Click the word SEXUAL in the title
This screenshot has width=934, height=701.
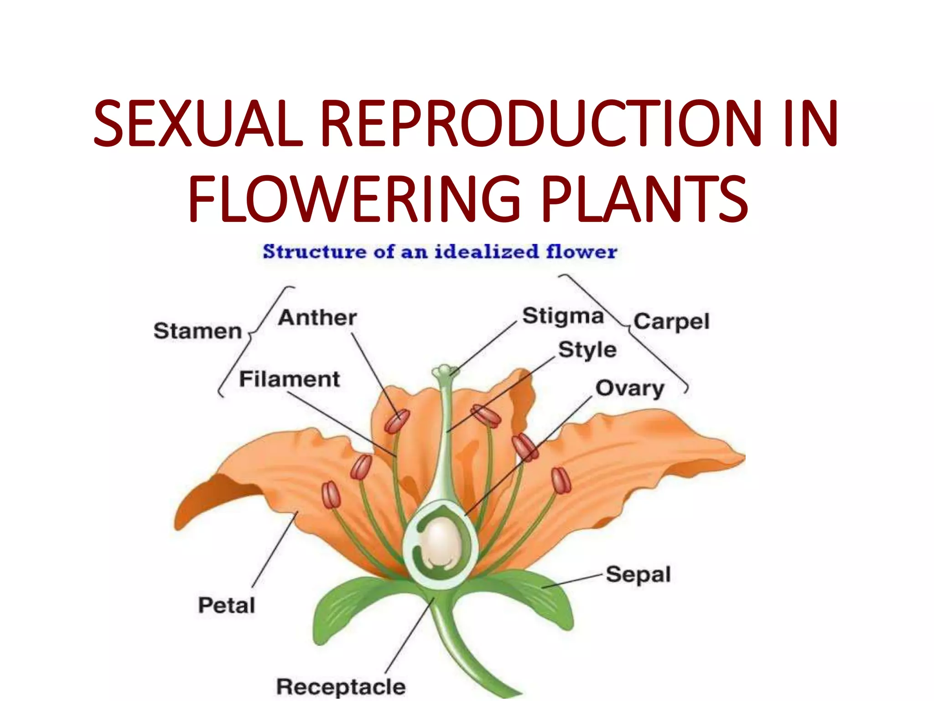[x=198, y=124]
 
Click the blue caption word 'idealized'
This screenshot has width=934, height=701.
[x=486, y=251]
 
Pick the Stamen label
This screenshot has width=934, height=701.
[x=197, y=331]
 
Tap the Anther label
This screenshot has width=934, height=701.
[x=317, y=318]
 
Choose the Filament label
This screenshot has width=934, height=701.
[x=290, y=379]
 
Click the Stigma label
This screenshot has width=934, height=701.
[x=563, y=316]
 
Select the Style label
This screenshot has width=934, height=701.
[x=587, y=350]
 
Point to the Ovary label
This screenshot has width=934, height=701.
[x=630, y=388]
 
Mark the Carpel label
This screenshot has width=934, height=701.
[x=671, y=322]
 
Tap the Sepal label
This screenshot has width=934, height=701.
[x=638, y=575]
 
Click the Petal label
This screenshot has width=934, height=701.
[x=227, y=606]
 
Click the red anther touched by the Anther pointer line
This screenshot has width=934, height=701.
[x=397, y=421]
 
